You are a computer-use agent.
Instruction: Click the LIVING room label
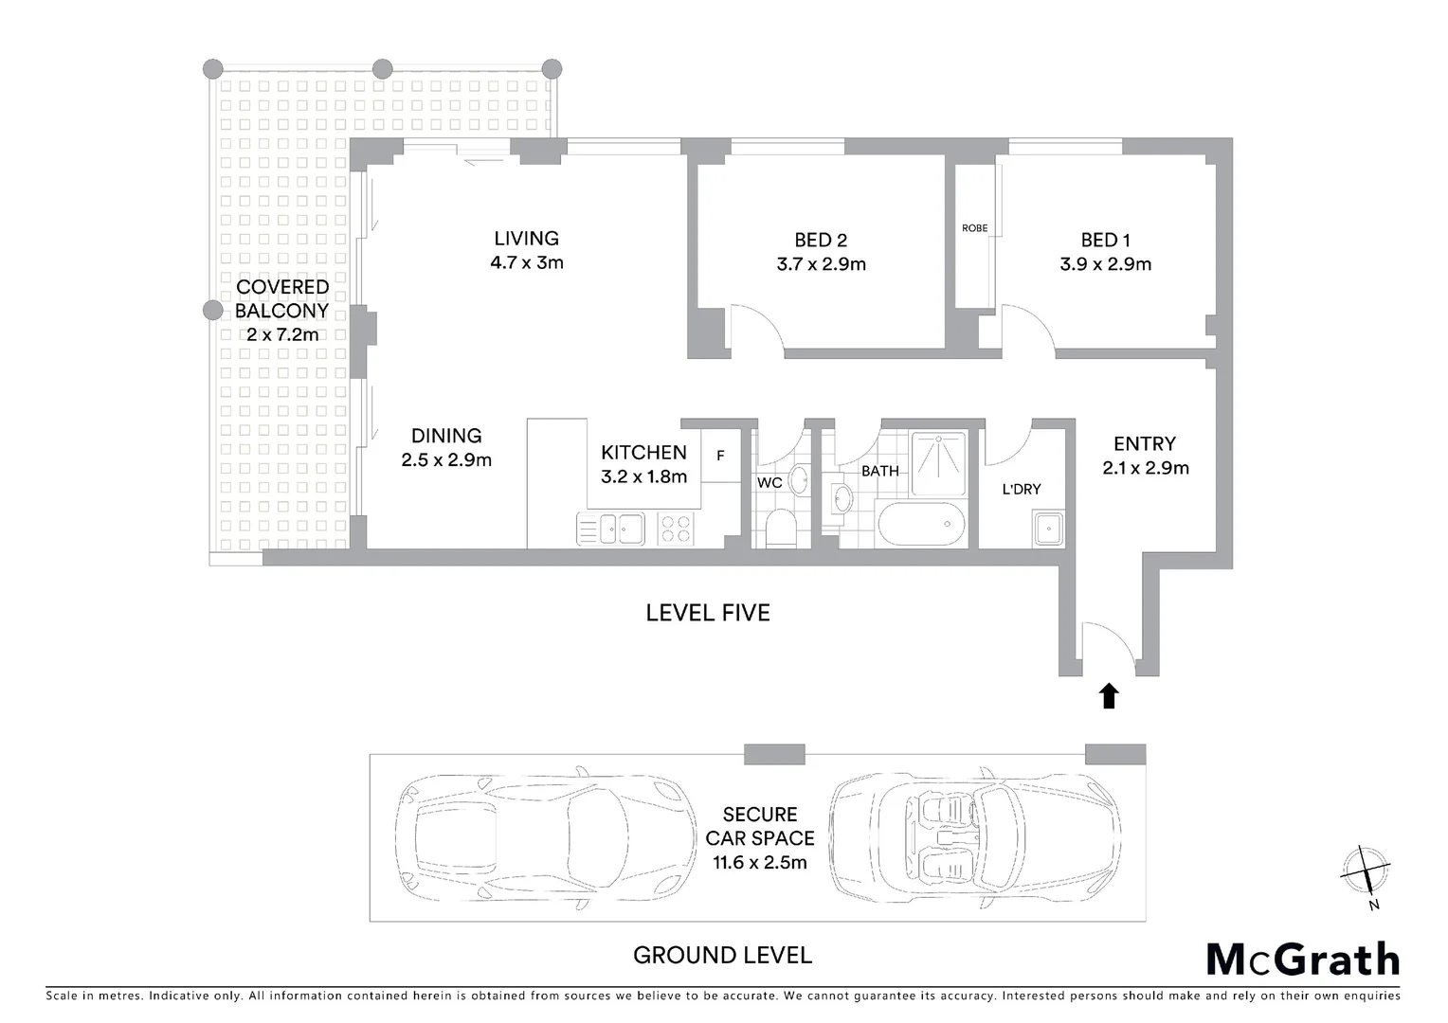526,239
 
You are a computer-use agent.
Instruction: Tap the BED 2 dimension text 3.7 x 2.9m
821,265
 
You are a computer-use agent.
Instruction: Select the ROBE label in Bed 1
974,228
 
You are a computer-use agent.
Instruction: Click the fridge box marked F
720,456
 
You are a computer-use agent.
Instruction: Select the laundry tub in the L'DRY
1048,528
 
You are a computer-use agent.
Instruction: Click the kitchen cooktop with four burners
676,528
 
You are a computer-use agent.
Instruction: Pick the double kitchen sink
609,528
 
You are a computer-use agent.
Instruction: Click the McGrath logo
1302,960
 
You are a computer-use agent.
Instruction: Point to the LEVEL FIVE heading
707,613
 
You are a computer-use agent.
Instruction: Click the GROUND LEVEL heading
722,955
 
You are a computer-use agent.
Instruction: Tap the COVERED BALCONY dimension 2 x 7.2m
282,334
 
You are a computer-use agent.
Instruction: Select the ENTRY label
1144,443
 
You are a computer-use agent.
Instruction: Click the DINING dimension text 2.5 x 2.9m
446,461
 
